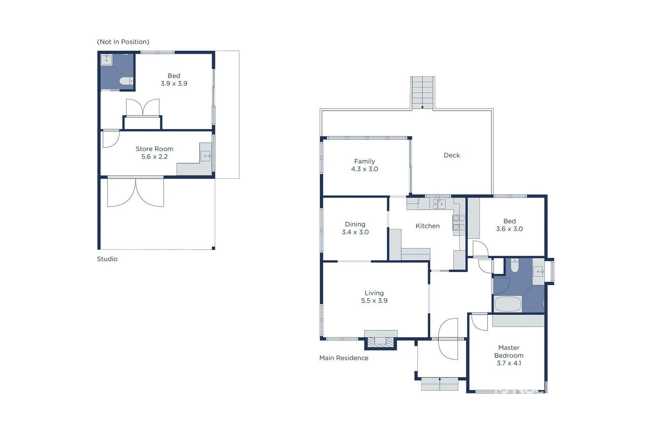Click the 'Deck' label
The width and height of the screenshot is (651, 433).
[452, 155]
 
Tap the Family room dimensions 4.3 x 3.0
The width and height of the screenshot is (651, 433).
[364, 169]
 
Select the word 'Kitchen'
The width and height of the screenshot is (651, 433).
[427, 226]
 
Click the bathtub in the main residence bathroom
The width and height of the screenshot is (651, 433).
[507, 304]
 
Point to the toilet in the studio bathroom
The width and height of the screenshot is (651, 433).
[126, 81]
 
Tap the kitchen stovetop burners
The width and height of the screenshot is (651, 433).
[459, 223]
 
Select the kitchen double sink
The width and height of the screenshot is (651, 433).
[439, 204]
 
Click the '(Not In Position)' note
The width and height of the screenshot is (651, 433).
[123, 42]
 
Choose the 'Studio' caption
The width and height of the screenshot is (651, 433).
[107, 259]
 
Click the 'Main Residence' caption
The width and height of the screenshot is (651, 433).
[344, 358]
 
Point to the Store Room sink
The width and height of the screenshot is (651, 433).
[206, 156]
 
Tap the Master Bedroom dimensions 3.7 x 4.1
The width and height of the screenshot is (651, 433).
[509, 363]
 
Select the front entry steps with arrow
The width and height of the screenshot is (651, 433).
[439, 384]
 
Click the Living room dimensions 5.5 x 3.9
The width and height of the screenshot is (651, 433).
[374, 301]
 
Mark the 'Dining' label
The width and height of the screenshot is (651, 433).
[355, 224]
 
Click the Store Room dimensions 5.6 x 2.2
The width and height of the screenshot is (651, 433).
[154, 157]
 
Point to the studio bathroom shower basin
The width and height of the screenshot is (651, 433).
[106, 60]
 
